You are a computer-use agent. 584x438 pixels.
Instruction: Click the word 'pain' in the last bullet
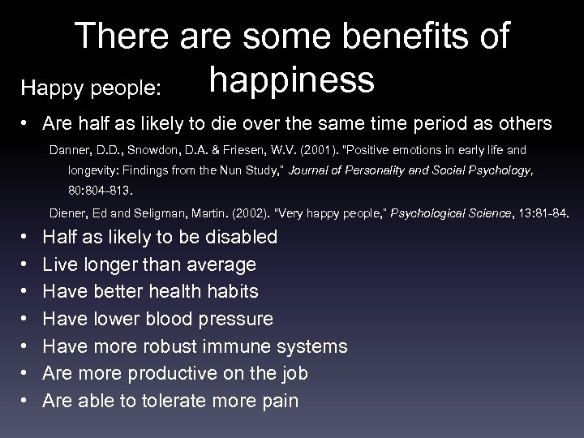coord(280,401)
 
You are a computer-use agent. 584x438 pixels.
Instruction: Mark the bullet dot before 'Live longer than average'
coord(27,265)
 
